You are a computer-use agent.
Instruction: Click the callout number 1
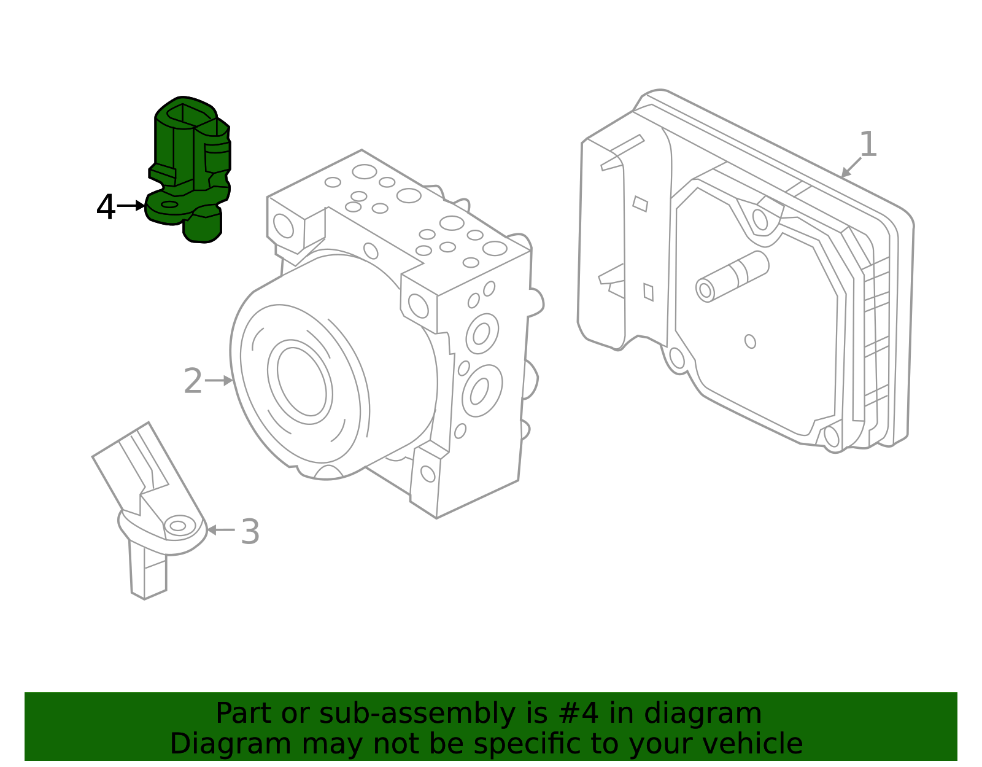(x=868, y=145)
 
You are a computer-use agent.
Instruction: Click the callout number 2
(x=193, y=381)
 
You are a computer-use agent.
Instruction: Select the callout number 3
(x=250, y=532)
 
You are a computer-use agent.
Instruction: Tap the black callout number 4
(x=106, y=208)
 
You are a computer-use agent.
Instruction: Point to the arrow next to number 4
(x=130, y=206)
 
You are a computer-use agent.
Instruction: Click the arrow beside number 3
(x=220, y=529)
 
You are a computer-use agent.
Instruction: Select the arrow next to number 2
(x=218, y=381)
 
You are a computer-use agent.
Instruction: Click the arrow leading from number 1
(x=851, y=168)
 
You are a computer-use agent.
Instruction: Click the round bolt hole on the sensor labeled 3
(x=178, y=526)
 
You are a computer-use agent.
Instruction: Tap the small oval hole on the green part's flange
(x=169, y=204)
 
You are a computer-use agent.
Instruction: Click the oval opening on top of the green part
(x=183, y=113)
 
